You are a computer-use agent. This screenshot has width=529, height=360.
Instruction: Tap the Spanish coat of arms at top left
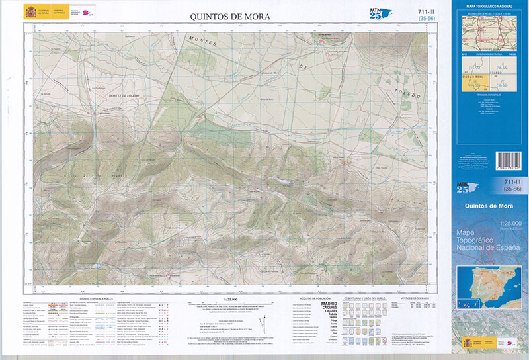click(x=30, y=12)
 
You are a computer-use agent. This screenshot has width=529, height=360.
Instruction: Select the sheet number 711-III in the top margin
click(x=428, y=11)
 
